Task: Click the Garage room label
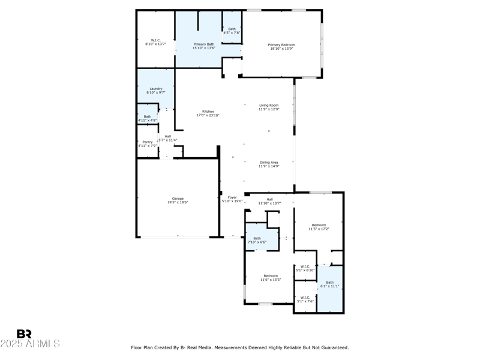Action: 178,199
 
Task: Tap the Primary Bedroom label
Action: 281,45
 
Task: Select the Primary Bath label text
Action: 203,44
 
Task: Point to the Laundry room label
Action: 156,89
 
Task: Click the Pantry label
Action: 147,142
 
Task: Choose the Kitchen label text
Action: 208,112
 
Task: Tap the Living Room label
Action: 269,106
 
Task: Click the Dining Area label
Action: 269,163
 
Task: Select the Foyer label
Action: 232,197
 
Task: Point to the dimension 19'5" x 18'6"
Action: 178,203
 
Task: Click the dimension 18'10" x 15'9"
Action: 281,49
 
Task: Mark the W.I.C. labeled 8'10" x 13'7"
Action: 155,41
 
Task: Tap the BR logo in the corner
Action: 24,334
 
